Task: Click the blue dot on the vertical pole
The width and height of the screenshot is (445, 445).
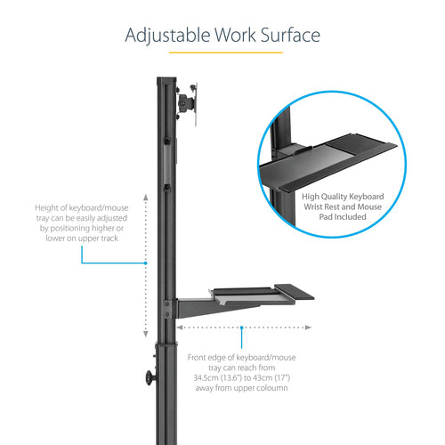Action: [144, 263]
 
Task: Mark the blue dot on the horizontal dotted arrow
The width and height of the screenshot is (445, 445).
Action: [241, 328]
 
